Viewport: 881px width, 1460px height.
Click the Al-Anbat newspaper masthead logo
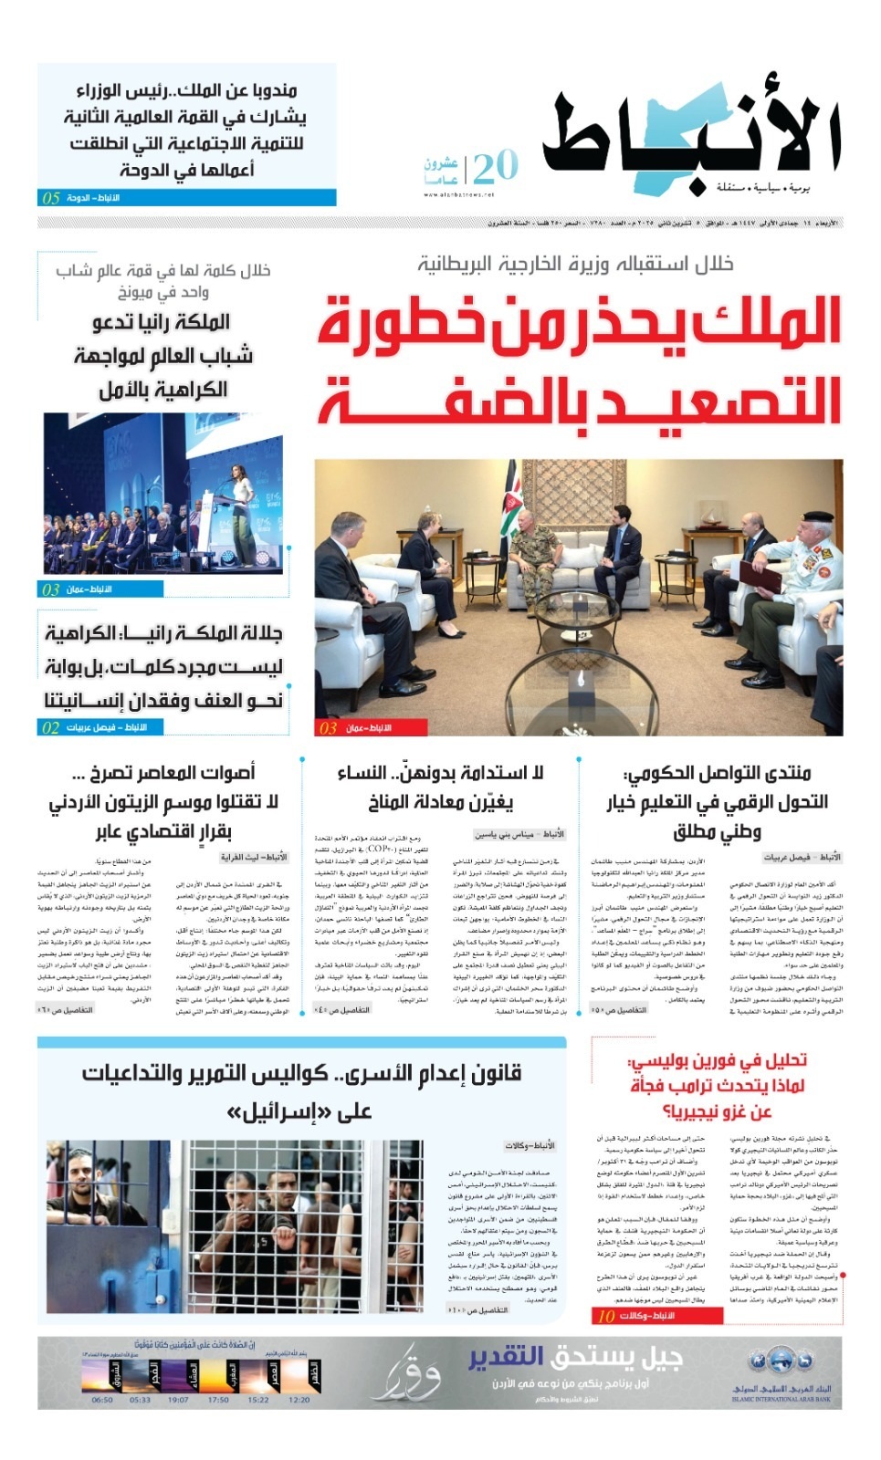click(x=691, y=137)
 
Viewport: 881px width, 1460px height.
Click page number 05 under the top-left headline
click(x=51, y=198)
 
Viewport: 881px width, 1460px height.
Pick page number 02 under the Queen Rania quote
click(x=51, y=727)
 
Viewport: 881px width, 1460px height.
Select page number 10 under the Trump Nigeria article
click(x=606, y=1316)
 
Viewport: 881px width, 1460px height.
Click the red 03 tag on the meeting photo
click(x=328, y=728)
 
